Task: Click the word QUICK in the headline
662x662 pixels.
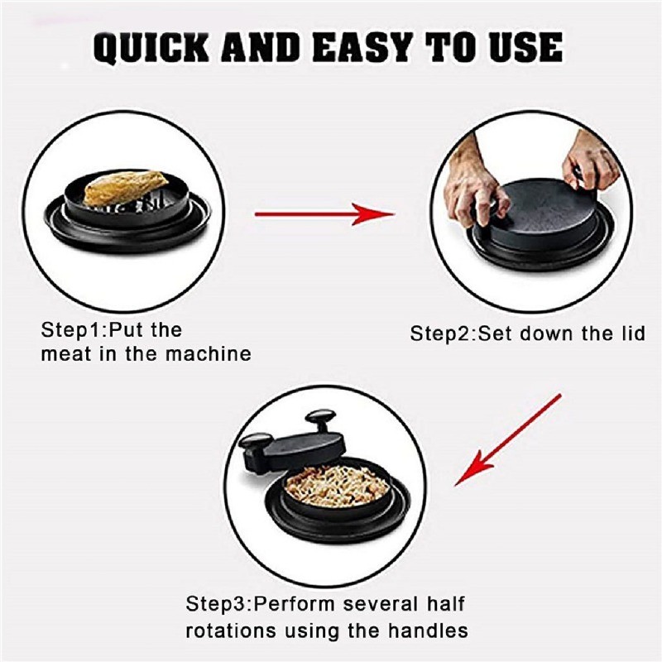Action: pyautogui.click(x=151, y=48)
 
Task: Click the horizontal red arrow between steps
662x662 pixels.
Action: pyautogui.click(x=324, y=214)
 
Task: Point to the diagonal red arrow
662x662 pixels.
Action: pyautogui.click(x=507, y=440)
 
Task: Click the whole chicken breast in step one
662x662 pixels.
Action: pyautogui.click(x=126, y=186)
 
